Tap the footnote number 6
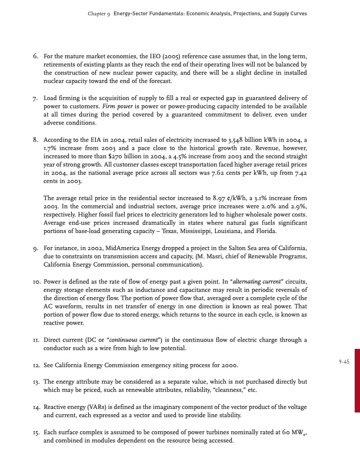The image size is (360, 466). [x=35, y=56]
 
